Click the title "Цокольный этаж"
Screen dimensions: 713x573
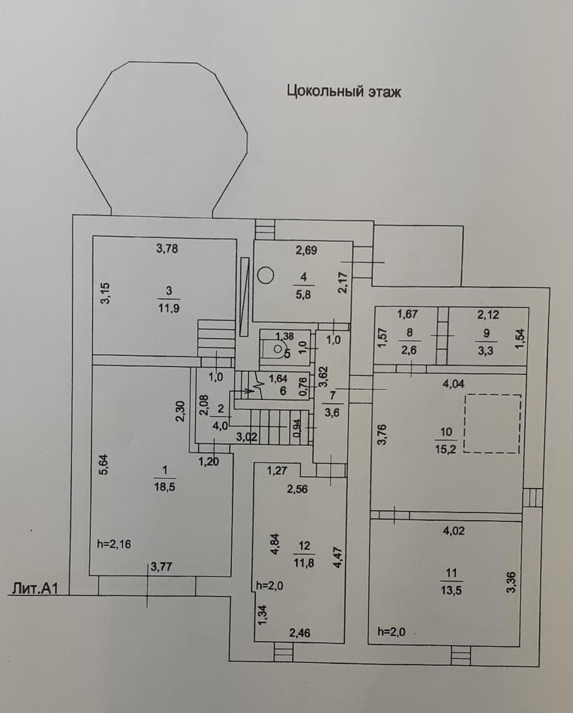coord(343,91)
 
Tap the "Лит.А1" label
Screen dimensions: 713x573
coord(35,588)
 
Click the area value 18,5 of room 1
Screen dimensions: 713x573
coord(164,486)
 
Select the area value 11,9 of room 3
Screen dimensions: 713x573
coord(168,308)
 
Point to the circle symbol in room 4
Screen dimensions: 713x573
coord(266,275)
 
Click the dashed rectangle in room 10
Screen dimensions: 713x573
coord(492,423)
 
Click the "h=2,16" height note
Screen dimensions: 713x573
coord(114,544)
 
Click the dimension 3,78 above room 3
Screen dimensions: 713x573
coord(167,248)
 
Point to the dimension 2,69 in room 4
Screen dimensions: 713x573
coord(306,251)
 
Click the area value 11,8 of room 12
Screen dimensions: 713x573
coord(304,563)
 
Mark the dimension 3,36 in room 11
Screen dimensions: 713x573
coord(511,583)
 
